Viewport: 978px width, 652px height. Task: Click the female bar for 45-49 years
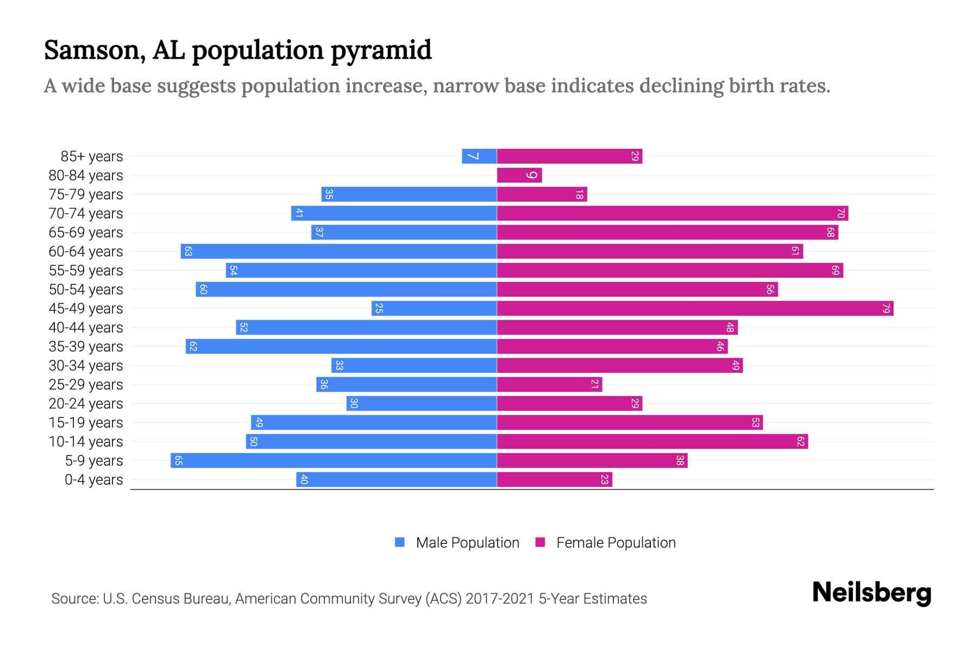[x=695, y=309]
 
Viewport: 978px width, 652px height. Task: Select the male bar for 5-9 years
[x=334, y=461]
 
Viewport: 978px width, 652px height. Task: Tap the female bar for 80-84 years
[x=519, y=175]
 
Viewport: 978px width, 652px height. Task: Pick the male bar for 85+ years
[x=479, y=156]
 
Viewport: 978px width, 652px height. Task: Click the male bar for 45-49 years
[x=434, y=309]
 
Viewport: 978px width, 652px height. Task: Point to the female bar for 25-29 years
[x=549, y=385]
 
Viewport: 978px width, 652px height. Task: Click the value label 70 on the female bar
[x=840, y=214]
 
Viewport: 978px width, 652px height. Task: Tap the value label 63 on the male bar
[x=189, y=252]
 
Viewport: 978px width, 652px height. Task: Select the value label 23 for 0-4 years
[x=604, y=480]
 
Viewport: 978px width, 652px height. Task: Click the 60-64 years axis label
[x=86, y=252]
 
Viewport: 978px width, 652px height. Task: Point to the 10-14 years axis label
[x=86, y=442]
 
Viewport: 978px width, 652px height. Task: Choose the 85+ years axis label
[x=92, y=156]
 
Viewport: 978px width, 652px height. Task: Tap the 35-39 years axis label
[x=86, y=347]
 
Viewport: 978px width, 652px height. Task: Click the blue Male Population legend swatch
[x=400, y=542]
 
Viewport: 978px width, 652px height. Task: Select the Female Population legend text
[x=616, y=543]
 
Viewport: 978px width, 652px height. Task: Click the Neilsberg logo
[x=872, y=592]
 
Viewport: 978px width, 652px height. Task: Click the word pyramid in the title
[x=381, y=51]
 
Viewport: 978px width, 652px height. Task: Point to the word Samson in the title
[x=94, y=51]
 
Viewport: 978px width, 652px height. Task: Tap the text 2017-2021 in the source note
[x=500, y=599]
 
